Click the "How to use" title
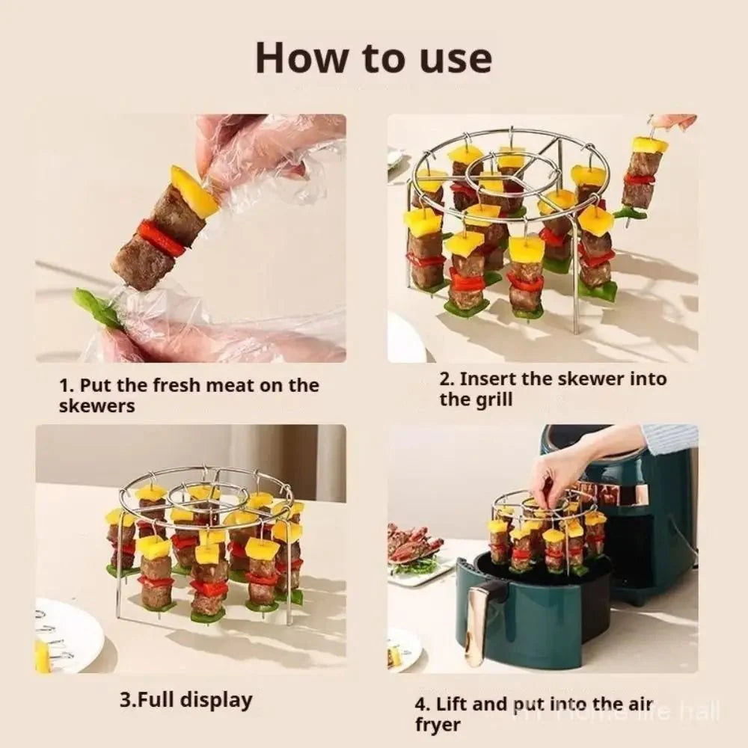click(373, 58)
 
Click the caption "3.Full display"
click(186, 701)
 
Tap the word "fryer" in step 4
click(438, 725)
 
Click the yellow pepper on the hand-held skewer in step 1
click(192, 191)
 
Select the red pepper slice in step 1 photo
click(160, 239)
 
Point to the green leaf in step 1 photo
click(97, 307)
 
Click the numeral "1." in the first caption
click(67, 386)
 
